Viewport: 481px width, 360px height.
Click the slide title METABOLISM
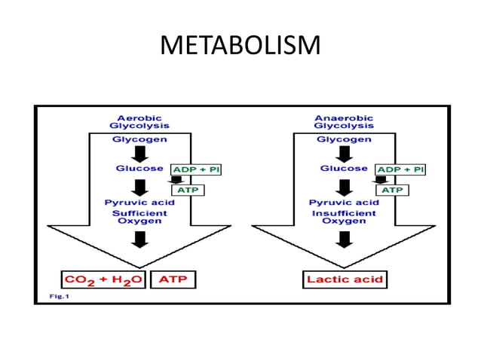coord(240,45)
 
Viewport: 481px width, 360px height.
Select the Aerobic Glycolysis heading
coord(139,121)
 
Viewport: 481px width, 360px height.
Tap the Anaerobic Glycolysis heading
coord(344,121)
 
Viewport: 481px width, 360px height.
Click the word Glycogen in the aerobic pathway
coord(140,139)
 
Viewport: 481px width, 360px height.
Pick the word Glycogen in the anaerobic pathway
coord(344,139)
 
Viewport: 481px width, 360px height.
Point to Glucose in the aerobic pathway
coord(140,169)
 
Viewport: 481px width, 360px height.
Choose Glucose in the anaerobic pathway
coord(344,169)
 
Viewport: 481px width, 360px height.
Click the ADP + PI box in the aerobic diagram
coord(196,170)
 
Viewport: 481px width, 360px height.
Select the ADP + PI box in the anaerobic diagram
coord(400,170)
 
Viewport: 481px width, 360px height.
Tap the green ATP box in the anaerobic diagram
coord(392,190)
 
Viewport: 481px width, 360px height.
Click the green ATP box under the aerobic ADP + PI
coord(188,190)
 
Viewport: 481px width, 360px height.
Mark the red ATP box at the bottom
coord(173,279)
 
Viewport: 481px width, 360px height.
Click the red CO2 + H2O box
coord(105,279)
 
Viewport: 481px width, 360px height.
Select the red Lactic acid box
coord(345,279)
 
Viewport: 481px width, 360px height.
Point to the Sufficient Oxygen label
coord(140,217)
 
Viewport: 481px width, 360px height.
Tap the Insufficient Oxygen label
coord(344,217)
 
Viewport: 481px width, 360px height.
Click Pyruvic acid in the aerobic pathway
coord(140,203)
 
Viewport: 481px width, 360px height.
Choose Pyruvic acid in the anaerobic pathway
coord(344,203)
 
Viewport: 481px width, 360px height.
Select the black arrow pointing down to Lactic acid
coord(345,239)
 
